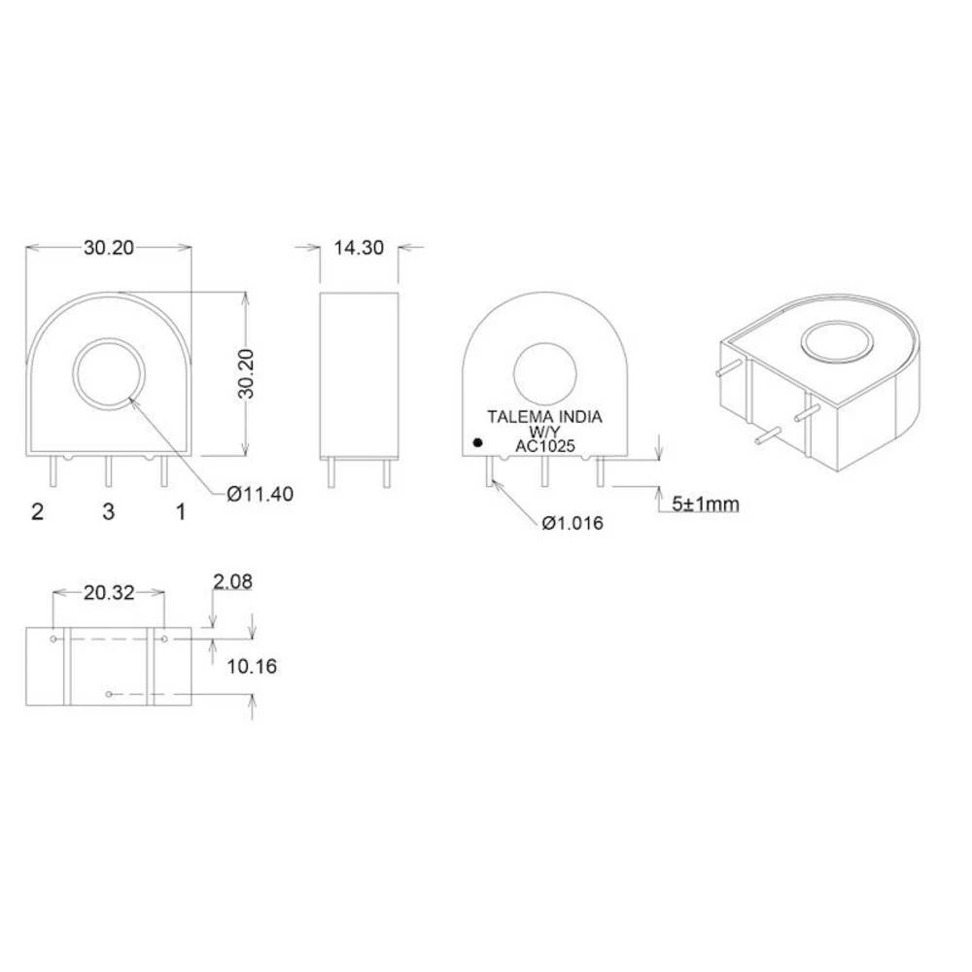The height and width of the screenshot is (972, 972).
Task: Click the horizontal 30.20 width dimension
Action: click(x=108, y=248)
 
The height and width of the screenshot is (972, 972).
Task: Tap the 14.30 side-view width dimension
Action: click(x=359, y=248)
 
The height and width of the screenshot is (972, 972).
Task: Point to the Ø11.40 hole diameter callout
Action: click(x=260, y=494)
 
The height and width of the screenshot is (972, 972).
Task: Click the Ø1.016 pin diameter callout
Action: click(x=573, y=523)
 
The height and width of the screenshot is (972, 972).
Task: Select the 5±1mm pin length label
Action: click(x=707, y=504)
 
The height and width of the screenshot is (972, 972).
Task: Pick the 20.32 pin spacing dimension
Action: click(x=108, y=592)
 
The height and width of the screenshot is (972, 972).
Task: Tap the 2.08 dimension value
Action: click(x=232, y=582)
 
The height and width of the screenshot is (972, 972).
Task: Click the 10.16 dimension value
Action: click(x=252, y=666)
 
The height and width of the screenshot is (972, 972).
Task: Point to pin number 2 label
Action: click(x=38, y=511)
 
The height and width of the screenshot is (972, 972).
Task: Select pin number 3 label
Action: click(x=108, y=511)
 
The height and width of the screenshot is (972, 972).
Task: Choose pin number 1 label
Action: click(x=180, y=511)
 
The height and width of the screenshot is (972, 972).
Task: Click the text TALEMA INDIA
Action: click(x=544, y=417)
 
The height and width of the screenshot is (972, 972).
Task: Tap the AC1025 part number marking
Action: click(x=545, y=446)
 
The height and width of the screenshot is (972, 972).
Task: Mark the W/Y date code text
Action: click(x=544, y=432)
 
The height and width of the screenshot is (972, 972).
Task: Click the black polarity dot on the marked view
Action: click(x=477, y=443)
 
